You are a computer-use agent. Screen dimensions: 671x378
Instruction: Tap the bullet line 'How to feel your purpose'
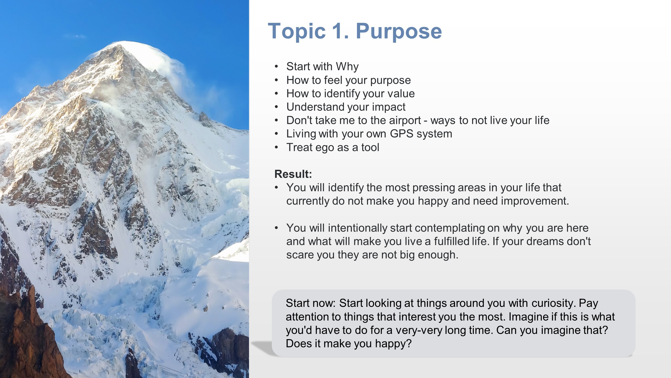coord(348,80)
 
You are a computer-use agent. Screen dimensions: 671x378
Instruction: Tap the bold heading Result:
coord(293,174)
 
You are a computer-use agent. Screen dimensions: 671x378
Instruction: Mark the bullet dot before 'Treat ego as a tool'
coord(276,148)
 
